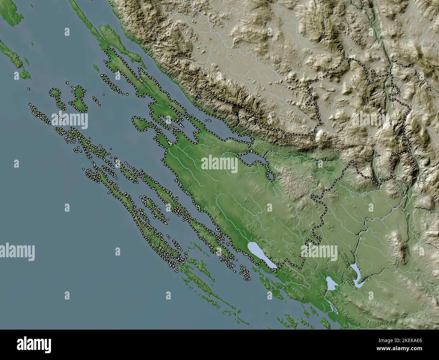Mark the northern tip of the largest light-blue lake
[250, 243]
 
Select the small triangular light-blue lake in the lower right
[330, 283]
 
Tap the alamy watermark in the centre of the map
[219, 164]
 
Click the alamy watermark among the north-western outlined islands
[70, 119]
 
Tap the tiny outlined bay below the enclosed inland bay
[271, 176]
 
